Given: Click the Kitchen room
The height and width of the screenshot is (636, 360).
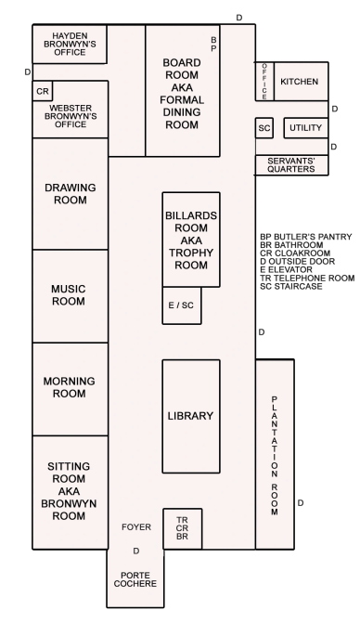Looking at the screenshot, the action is pos(302,82).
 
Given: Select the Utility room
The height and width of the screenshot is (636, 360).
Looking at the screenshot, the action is pos(305,128).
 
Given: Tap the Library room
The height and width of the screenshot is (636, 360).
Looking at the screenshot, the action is pos(191,416).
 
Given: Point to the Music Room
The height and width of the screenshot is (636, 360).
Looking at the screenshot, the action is pos(71,296).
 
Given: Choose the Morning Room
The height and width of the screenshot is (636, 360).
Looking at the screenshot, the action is pos(71,389).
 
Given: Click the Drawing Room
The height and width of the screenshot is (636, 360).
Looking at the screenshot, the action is pos(71,194).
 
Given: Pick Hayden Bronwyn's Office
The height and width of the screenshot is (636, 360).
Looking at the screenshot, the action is pos(70,44).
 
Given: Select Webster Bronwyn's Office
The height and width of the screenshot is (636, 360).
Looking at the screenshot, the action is pos(71,110).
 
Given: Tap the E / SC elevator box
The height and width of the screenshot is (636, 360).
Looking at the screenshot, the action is pos(182,305).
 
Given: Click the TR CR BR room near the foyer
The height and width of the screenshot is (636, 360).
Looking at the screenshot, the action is pos(183,528).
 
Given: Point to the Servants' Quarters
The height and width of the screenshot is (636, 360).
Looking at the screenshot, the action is pos(291,165).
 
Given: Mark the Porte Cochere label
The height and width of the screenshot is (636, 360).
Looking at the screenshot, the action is pos(135,579).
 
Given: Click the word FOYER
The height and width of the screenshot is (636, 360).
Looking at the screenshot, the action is pos(136,526).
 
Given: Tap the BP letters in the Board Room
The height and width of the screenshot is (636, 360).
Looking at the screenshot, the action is pos(213,45).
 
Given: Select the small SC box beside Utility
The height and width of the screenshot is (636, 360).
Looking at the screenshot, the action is pos(264,128).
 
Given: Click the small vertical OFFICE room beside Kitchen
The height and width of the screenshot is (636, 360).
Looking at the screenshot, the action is pos(264,81).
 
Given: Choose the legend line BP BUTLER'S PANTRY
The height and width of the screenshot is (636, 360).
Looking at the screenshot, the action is pos(306,237).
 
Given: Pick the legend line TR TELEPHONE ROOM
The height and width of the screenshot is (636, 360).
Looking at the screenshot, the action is pos(307,279).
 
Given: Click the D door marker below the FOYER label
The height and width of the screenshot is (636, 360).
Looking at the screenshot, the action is pos(136,551).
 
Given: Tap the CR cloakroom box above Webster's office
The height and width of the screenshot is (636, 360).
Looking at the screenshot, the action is pos(43,91).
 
